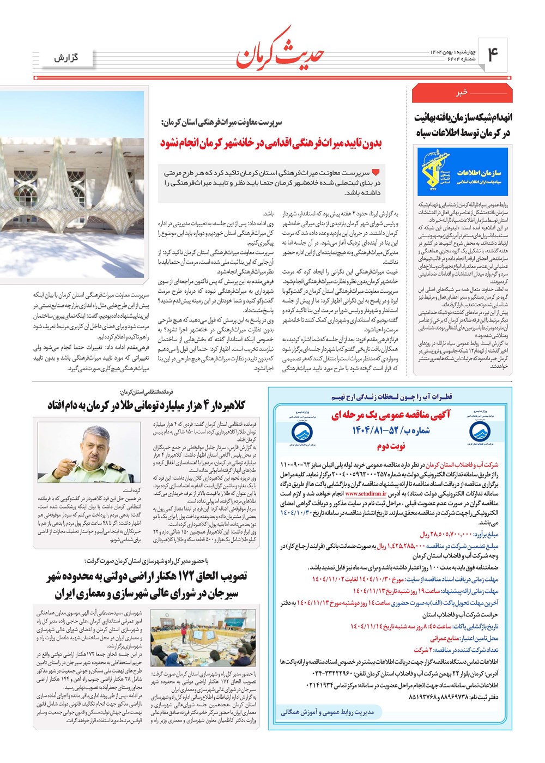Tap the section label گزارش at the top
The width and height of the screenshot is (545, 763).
[x=66, y=58]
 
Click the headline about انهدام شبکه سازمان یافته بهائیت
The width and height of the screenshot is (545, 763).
[x=463, y=125]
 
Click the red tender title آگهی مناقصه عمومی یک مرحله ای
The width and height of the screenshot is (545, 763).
[x=390, y=415]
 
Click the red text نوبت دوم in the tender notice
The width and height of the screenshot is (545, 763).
[x=390, y=446]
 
